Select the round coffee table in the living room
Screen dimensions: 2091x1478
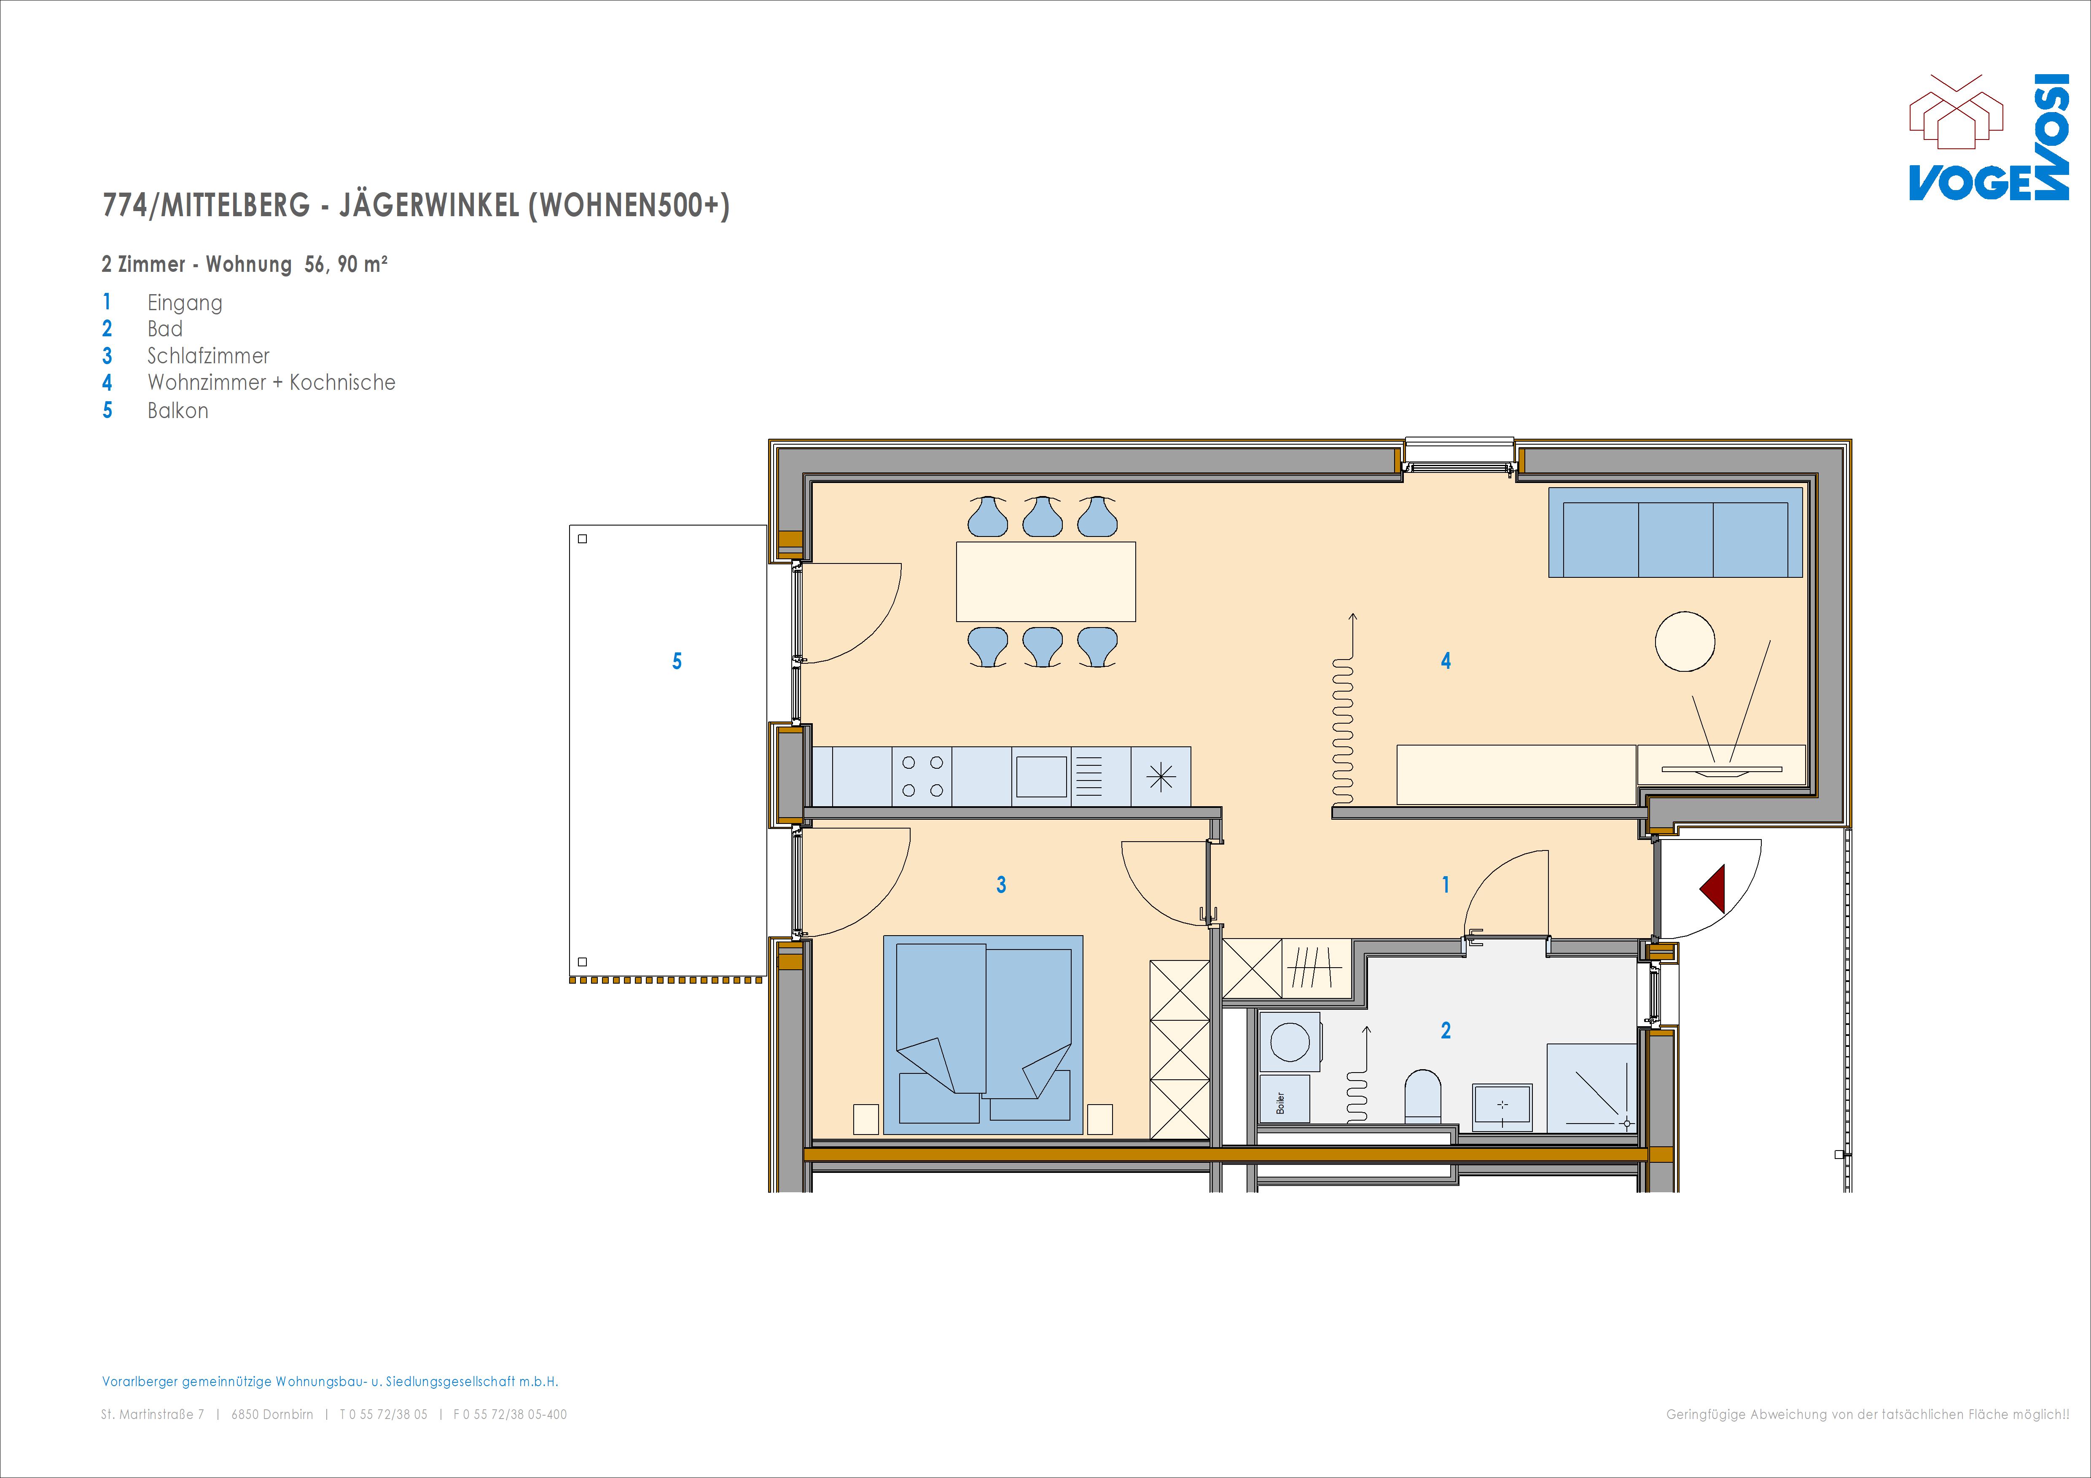point(1685,641)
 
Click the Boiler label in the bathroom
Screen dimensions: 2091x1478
point(1280,1103)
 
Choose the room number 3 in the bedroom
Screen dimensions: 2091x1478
point(1001,884)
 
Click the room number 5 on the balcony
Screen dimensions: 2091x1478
point(677,661)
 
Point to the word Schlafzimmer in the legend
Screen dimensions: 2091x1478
point(209,356)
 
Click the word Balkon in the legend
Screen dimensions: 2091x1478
point(177,411)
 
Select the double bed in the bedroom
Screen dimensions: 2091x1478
point(983,1035)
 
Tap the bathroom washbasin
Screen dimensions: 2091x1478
point(1502,1106)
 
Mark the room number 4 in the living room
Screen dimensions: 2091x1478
point(1445,661)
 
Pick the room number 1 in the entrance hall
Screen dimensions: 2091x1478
point(1445,884)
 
